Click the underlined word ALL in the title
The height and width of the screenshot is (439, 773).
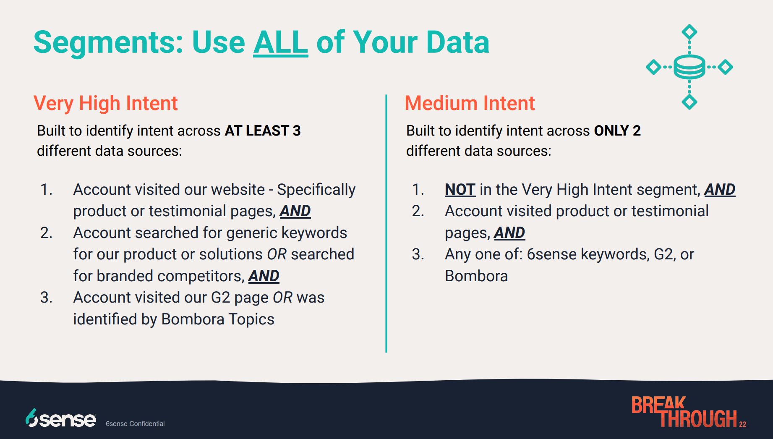click(x=281, y=42)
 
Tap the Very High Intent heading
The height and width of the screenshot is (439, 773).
click(x=106, y=103)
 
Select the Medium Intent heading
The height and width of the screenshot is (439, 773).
click(x=470, y=103)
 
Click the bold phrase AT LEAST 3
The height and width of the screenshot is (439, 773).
click(x=263, y=131)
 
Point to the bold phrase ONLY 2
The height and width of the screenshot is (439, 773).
click(x=617, y=131)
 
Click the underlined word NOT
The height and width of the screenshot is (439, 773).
click(x=460, y=190)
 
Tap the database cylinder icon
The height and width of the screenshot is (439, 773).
click(x=689, y=67)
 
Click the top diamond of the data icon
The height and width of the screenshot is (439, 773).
click(x=689, y=32)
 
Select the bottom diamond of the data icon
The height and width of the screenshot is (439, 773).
click(x=689, y=102)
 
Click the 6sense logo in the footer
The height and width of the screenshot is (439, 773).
click(x=61, y=418)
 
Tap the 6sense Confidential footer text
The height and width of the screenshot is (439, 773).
click(x=135, y=424)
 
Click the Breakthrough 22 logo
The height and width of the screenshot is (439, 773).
click(x=689, y=412)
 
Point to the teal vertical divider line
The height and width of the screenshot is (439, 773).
click(x=386, y=224)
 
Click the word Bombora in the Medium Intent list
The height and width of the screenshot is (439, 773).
click(x=476, y=276)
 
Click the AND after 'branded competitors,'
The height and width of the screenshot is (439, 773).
click(x=264, y=276)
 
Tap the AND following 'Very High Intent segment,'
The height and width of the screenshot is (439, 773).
click(x=720, y=190)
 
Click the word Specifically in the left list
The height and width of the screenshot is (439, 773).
click(x=316, y=190)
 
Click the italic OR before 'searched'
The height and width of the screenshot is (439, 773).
click(x=277, y=254)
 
